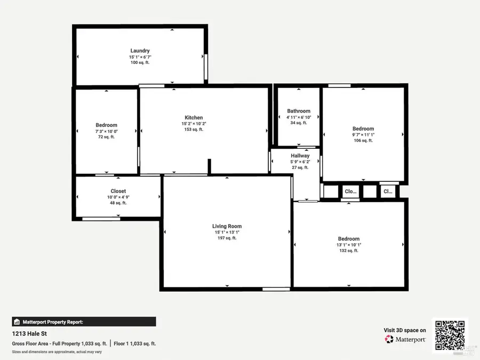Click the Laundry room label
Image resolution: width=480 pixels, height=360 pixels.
click(x=140, y=51)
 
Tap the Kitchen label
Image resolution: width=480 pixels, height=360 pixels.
click(x=194, y=117)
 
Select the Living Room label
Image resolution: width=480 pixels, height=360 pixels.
click(x=227, y=226)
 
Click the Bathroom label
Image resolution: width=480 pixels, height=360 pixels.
click(x=298, y=111)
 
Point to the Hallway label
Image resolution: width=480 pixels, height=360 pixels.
click(x=300, y=156)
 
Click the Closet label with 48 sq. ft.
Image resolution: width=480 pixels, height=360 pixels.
click(x=118, y=191)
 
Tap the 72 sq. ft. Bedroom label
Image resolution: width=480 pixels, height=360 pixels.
click(x=106, y=125)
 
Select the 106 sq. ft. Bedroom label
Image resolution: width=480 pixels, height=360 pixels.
click(x=363, y=129)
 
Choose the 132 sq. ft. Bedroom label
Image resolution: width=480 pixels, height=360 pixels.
click(x=348, y=239)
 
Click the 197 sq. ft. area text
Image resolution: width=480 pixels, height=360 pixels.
click(x=227, y=238)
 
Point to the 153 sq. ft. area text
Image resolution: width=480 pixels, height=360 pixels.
click(x=194, y=129)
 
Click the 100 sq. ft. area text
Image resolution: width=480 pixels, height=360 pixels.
click(x=140, y=62)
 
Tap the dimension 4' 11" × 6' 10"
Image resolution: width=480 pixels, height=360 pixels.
click(x=298, y=117)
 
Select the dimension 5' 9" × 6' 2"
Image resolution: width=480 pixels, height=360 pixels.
click(x=300, y=162)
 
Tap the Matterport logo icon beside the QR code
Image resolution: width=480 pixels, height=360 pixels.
click(x=389, y=339)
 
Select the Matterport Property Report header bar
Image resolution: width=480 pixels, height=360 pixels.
click(x=84, y=322)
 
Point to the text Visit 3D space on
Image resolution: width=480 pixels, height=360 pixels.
click(x=405, y=330)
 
